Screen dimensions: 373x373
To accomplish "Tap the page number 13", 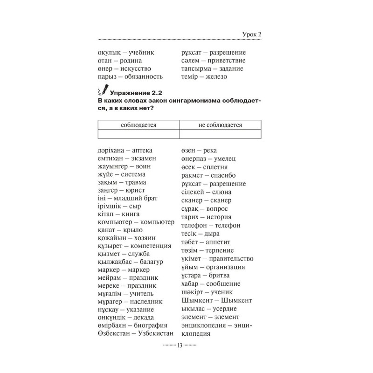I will (x=180, y=345).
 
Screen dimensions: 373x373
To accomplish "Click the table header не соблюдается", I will (x=220, y=124).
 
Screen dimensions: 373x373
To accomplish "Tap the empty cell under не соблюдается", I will (x=220, y=134).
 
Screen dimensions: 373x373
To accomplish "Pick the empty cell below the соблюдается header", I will (x=138, y=134).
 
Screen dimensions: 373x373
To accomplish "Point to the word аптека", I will (x=142, y=151).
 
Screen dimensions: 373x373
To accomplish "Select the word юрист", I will (x=135, y=190).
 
